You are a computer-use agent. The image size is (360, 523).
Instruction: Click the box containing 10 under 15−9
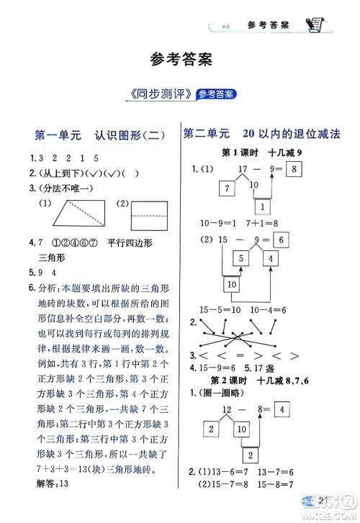231,285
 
